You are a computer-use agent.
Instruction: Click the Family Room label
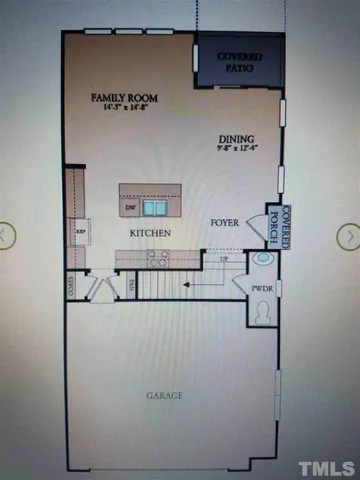[x=126, y=97]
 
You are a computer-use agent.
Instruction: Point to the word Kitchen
[x=150, y=233]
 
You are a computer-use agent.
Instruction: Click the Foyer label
[x=224, y=222]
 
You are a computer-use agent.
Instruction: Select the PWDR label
[x=262, y=290]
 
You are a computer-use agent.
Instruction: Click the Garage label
[x=166, y=396]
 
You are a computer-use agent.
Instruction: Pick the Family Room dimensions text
[x=126, y=108]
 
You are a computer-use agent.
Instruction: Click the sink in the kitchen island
[x=155, y=208]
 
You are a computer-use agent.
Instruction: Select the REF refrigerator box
[x=81, y=231]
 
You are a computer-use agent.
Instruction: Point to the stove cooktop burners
[x=158, y=257]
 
